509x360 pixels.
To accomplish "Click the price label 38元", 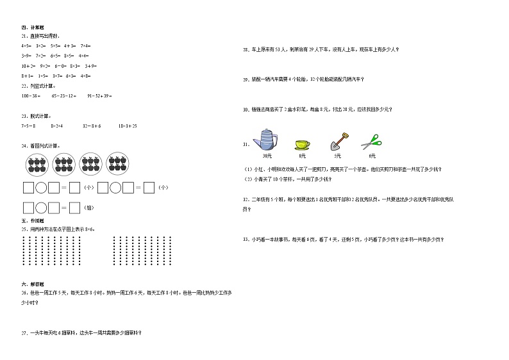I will (267, 156).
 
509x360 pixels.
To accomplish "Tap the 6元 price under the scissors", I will (372, 156).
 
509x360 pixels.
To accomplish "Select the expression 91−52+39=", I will (99, 95).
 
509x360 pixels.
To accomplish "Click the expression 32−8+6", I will (92, 126).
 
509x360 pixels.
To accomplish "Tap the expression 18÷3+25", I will (128, 126).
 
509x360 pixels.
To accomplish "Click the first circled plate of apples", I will (38, 165).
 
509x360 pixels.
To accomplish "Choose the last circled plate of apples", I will (117, 165).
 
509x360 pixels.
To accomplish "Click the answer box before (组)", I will (74, 208).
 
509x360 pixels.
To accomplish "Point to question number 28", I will (246, 49).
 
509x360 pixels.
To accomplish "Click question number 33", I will (246, 240).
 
